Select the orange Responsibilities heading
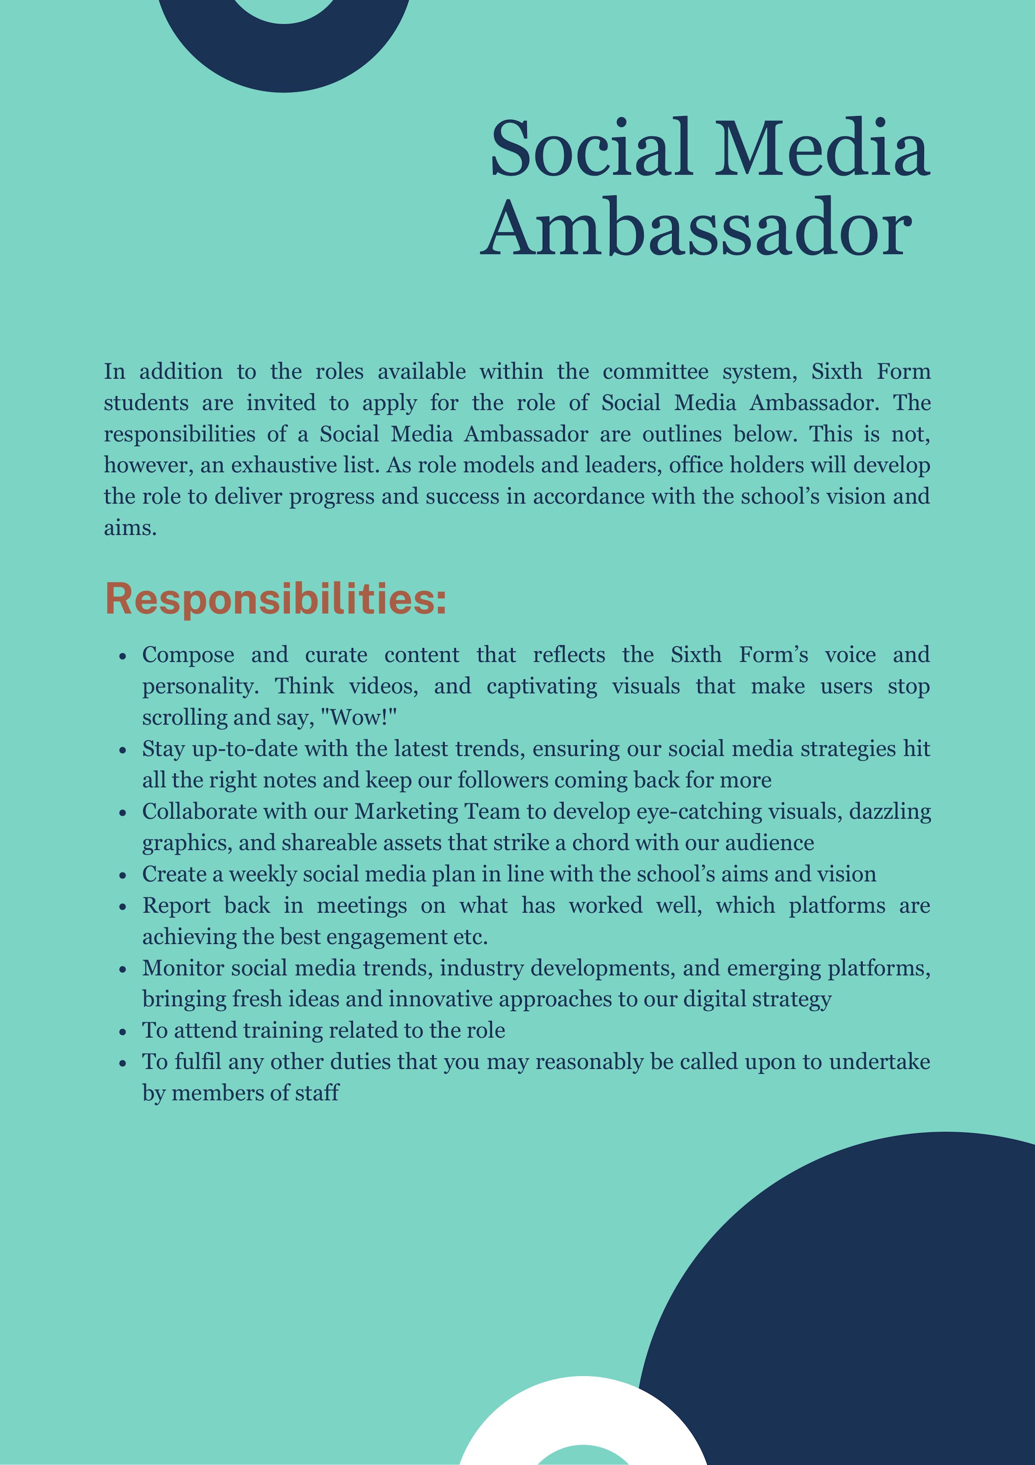(275, 599)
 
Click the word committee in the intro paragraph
(655, 371)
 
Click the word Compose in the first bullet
(188, 655)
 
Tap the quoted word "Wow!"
(358, 717)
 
